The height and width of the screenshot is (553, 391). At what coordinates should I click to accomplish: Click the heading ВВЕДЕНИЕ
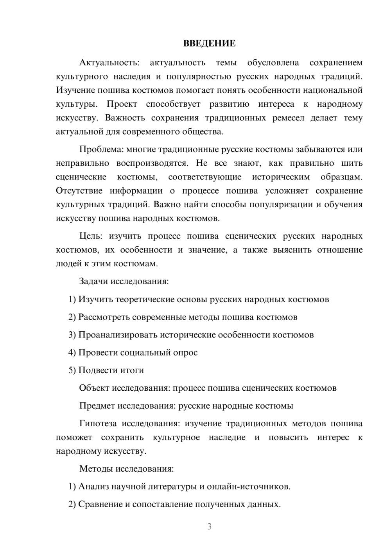click(x=209, y=43)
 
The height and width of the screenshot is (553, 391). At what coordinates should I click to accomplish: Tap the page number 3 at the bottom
click(x=209, y=526)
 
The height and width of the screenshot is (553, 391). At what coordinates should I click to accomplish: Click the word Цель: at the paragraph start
click(x=91, y=236)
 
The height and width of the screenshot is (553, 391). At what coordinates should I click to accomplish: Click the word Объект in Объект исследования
click(x=94, y=388)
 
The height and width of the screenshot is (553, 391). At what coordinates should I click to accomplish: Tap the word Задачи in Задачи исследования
click(x=93, y=281)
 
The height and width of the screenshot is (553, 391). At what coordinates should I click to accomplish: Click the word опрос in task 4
click(x=185, y=352)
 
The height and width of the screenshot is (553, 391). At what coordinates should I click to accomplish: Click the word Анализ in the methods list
click(x=93, y=487)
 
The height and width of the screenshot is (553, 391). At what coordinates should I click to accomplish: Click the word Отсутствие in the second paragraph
click(x=79, y=191)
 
